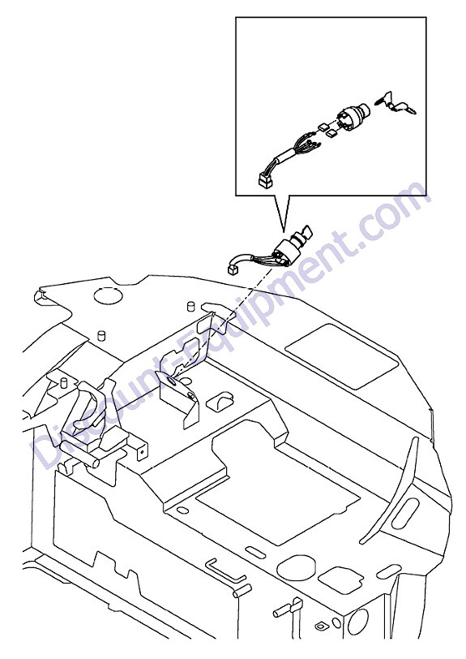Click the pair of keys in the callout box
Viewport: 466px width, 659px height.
tap(396, 103)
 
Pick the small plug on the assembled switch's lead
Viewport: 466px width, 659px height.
tap(232, 269)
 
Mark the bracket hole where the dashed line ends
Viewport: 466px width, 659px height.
tap(172, 381)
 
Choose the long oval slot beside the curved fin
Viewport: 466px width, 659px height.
tap(405, 513)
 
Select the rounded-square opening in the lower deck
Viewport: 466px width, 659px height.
tap(340, 580)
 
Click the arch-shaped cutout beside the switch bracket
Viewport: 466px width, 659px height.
tap(220, 403)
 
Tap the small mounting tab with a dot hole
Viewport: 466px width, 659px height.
tap(142, 450)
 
